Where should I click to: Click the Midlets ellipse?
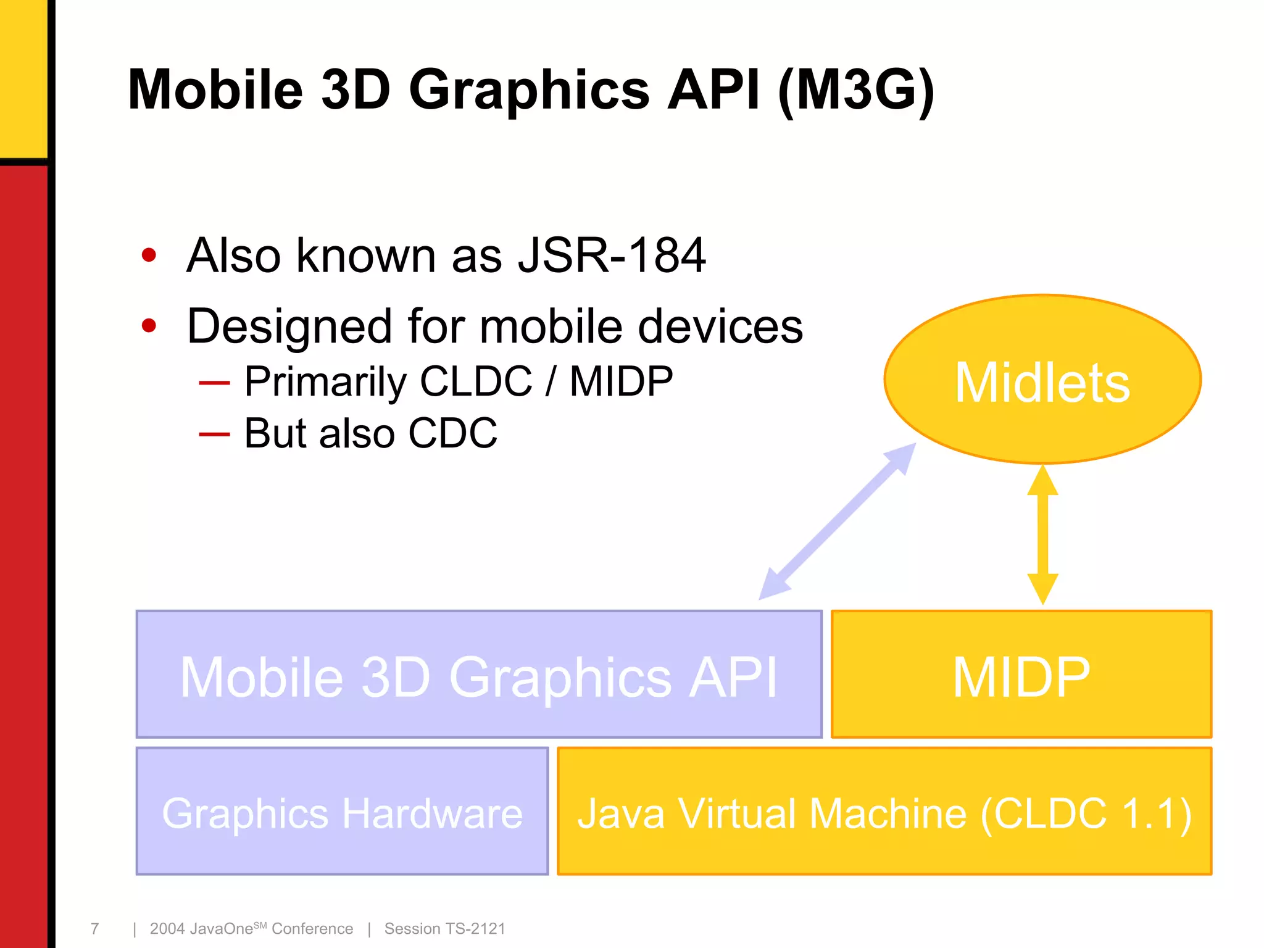click(1042, 380)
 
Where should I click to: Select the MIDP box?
click(1021, 675)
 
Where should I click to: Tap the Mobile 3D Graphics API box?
click(479, 675)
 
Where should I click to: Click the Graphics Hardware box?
click(342, 812)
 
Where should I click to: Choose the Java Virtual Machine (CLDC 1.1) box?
click(884, 812)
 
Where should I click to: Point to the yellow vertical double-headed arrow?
click(1042, 534)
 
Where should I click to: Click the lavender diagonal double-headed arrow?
click(837, 522)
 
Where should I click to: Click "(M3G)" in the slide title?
click(857, 91)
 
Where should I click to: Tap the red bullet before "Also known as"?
click(149, 255)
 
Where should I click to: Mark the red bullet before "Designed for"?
click(149, 325)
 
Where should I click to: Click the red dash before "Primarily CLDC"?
click(214, 383)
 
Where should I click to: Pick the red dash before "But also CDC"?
click(214, 434)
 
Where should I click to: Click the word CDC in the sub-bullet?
click(452, 433)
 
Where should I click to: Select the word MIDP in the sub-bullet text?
click(621, 381)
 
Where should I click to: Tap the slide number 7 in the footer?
click(94, 928)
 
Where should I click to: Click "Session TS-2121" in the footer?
click(444, 928)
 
